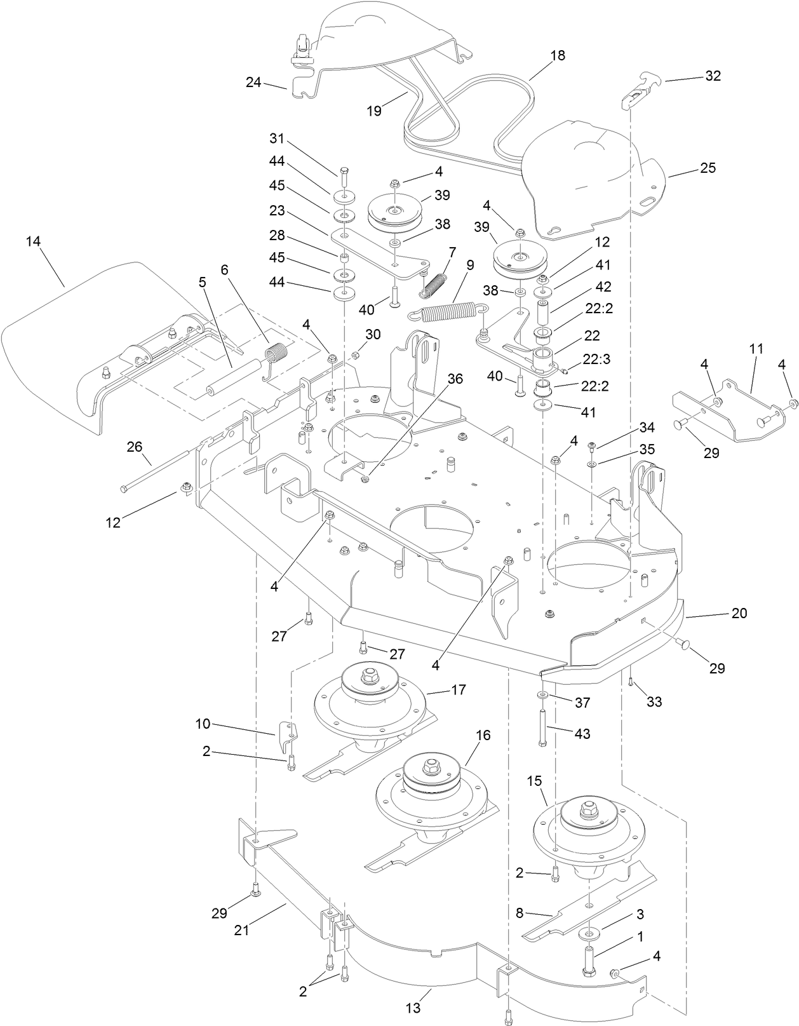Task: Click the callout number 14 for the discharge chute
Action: coord(33,241)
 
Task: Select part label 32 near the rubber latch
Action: coord(713,76)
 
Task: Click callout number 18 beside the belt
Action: coord(557,55)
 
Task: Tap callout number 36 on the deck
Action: coord(455,379)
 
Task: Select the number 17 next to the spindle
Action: coord(458,689)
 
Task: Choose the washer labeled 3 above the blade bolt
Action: coord(589,935)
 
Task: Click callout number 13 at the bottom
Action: coord(413,1008)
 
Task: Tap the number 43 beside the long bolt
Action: coord(582,734)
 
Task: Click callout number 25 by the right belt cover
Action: coord(707,168)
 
